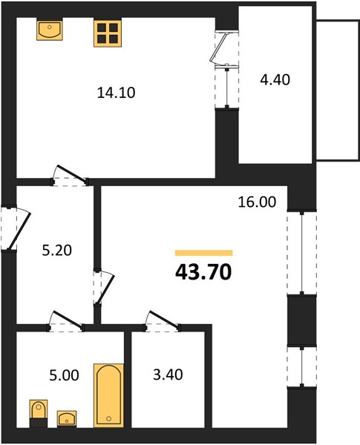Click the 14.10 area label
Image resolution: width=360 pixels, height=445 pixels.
pyautogui.click(x=116, y=93)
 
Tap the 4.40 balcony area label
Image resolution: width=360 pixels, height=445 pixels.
pyautogui.click(x=275, y=80)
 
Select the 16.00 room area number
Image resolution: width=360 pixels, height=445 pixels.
pyautogui.click(x=257, y=202)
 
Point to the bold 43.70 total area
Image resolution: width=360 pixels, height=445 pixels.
pyautogui.click(x=203, y=272)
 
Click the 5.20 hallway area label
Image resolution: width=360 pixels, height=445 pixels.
pyautogui.click(x=57, y=251)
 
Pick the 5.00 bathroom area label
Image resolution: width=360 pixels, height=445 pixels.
pyautogui.click(x=65, y=375)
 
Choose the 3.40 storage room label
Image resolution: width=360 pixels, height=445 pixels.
pyautogui.click(x=168, y=375)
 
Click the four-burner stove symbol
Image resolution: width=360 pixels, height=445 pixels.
pyautogui.click(x=108, y=32)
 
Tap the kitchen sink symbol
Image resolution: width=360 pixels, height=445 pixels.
pyautogui.click(x=50, y=29)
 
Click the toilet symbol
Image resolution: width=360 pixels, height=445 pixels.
pyautogui.click(x=39, y=413)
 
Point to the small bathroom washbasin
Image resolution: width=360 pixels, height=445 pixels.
pyautogui.click(x=67, y=418)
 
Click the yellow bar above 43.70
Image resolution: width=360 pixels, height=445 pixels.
pyautogui.click(x=204, y=253)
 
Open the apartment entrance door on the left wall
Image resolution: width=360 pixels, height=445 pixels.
pyautogui.click(x=16, y=228)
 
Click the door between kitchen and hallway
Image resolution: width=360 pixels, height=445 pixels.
pyautogui.click(x=70, y=175)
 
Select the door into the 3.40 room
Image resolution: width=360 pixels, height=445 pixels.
pyautogui.click(x=163, y=321)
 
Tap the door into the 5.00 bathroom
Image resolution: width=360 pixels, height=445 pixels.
pyautogui.click(x=67, y=321)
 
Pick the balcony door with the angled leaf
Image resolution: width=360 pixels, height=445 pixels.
pyautogui.click(x=224, y=47)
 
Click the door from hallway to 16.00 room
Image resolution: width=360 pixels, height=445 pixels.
pyautogui.click(x=104, y=287)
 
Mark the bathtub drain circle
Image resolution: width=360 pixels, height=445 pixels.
pyautogui.click(x=109, y=418)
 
